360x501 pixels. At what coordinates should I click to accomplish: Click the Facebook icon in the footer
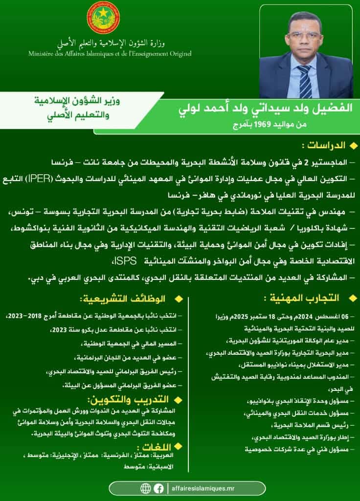(x=158, y=488)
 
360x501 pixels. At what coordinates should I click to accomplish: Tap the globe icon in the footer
(x=145, y=488)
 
